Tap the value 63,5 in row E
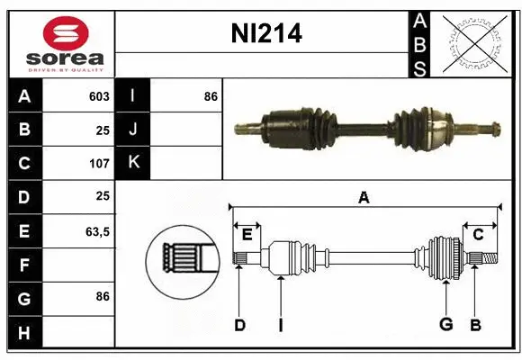(97, 231)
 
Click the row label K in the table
(134, 163)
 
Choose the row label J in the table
(134, 130)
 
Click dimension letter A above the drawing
(364, 198)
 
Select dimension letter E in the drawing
(247, 235)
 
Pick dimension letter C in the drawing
(479, 235)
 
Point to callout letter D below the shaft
(239, 325)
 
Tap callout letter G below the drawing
(445, 325)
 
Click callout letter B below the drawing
(474, 325)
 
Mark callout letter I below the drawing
(281, 325)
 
